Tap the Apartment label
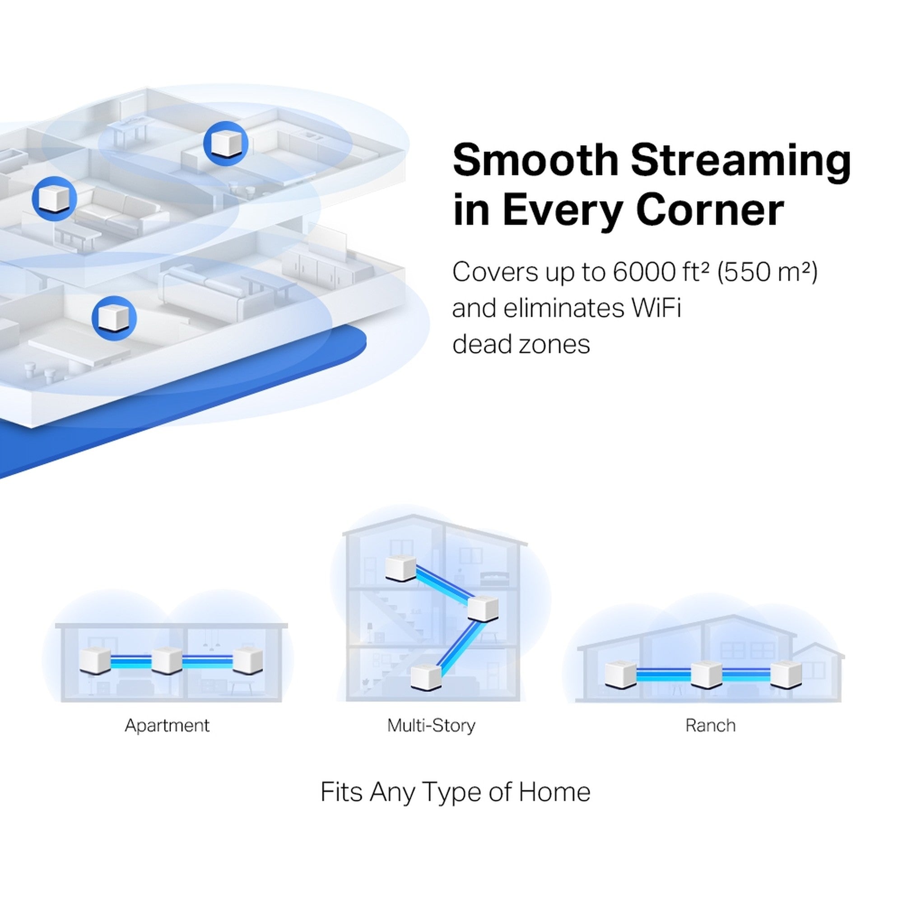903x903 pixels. [167, 726]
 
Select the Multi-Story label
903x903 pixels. [431, 726]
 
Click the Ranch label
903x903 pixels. [710, 726]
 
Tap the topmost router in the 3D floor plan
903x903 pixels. [226, 143]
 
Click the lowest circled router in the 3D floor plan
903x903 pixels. [114, 318]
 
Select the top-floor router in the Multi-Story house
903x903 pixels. [400, 568]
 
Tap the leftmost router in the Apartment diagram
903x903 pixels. [95, 661]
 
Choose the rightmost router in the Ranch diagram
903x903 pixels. [785, 675]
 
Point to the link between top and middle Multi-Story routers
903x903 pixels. [442, 584]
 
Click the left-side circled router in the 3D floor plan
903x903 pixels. [55, 199]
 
